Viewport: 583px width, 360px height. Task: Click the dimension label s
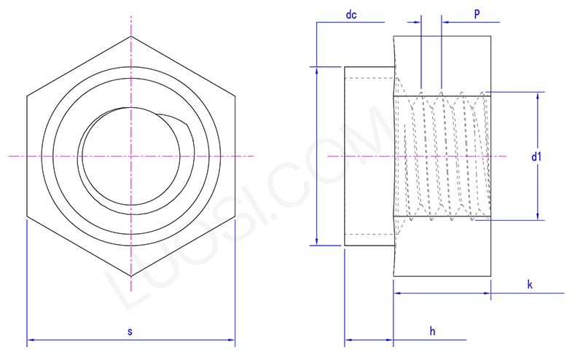coord(130,332)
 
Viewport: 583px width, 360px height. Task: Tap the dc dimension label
coord(351,15)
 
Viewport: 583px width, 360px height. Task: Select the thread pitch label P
coord(476,15)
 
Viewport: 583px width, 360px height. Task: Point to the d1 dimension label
coord(536,157)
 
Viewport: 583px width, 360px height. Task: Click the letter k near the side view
coord(530,285)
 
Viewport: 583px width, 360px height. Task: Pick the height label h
coord(431,332)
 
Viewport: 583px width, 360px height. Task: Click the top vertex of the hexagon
coord(131,36)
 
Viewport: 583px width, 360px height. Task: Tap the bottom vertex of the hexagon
coord(131,278)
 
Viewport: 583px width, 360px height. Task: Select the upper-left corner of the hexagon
coord(27,95)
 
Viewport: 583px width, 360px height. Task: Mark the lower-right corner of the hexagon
coord(235,216)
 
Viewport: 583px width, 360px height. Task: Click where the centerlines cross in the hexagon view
coord(131,156)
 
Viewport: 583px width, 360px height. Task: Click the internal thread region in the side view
coord(441,157)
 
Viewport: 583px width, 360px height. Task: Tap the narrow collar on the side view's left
coord(368,157)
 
